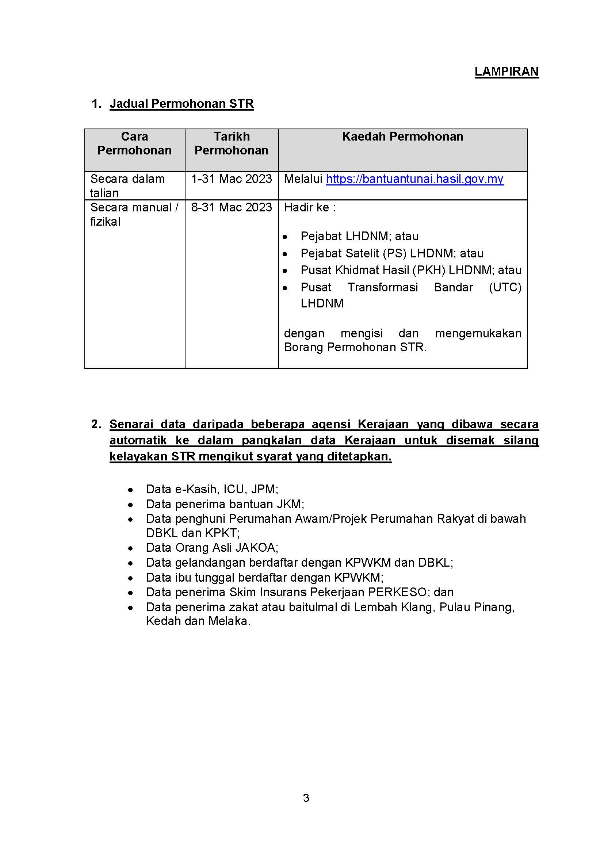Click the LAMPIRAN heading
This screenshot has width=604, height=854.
coord(506,72)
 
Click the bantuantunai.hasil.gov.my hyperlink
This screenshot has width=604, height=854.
coord(414,179)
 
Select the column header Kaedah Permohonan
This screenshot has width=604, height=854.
coord(402,137)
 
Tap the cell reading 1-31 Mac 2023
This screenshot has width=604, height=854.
coord(231,179)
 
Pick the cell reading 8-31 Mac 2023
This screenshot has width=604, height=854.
coord(231,207)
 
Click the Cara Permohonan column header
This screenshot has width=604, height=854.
coord(134,143)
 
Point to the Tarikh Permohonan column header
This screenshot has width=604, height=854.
coord(231,143)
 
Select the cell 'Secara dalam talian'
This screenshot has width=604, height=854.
coord(127,185)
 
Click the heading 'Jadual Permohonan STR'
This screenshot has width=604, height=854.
coord(181,103)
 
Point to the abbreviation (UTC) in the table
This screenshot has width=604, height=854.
coord(505,287)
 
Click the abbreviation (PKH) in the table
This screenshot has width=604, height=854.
coord(428,270)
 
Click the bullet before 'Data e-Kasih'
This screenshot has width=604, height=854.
coord(130,490)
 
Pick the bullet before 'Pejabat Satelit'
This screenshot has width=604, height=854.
coord(285,254)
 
